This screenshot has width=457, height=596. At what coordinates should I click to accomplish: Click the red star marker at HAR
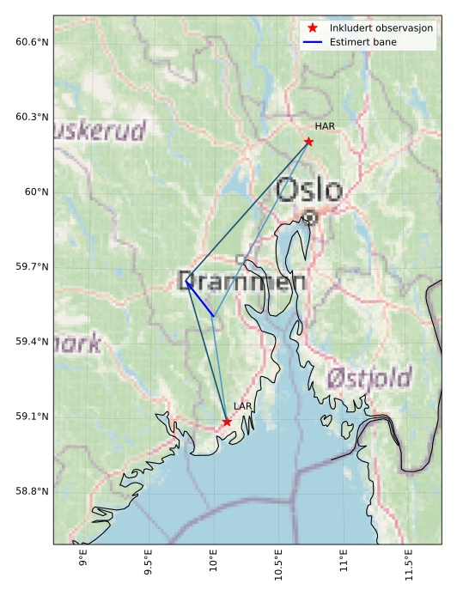coord(308,141)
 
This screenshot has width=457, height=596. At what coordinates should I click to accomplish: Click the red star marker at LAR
coord(227,422)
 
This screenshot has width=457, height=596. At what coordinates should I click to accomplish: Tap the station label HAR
coord(324,126)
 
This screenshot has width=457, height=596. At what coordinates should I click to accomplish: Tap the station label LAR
coord(242,406)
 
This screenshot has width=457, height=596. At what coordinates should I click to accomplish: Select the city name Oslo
coord(309,191)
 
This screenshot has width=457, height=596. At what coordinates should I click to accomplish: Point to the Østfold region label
coord(369,377)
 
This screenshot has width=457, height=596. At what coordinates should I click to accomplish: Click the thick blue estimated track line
coord(200,299)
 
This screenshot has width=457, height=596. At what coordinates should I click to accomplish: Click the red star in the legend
coord(313,28)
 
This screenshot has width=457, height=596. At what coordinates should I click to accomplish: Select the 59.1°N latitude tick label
coord(32,417)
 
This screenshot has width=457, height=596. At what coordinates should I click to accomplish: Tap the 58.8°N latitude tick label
coord(32,491)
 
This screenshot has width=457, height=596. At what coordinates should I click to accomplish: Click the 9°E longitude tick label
coord(83,562)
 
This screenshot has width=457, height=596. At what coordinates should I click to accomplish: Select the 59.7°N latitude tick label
coord(32,267)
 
